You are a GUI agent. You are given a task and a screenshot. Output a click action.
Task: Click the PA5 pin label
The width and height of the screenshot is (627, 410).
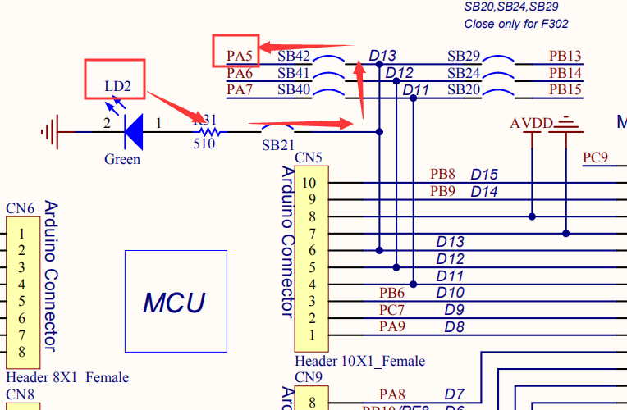(x=240, y=57)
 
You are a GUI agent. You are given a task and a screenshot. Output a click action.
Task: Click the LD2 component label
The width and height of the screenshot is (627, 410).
(x=117, y=86)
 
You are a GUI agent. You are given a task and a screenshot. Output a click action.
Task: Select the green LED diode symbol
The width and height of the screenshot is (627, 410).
(x=133, y=131)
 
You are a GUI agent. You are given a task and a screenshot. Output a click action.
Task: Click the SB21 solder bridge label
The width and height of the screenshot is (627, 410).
(x=277, y=145)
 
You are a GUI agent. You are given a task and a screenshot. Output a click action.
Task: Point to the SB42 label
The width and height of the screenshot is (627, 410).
(x=294, y=57)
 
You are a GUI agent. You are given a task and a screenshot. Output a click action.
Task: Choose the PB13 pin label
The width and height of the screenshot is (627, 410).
(x=565, y=57)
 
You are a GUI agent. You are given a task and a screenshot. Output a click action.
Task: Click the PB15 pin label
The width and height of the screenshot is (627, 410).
(x=565, y=89)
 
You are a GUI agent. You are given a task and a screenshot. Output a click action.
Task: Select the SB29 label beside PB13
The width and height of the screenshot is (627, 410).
(x=464, y=57)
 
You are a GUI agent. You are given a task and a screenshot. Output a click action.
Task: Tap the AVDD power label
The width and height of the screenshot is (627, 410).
(x=531, y=123)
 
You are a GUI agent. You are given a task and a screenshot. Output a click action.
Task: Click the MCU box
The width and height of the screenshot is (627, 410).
(x=175, y=302)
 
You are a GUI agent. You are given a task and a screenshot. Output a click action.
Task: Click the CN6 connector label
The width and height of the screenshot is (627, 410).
(x=20, y=208)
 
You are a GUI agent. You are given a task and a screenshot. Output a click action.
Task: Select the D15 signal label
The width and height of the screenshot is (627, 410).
(x=484, y=174)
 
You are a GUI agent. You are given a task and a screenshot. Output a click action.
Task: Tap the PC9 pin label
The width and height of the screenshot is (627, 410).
(x=595, y=157)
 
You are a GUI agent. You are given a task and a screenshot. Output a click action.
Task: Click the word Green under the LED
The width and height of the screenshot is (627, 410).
(x=122, y=159)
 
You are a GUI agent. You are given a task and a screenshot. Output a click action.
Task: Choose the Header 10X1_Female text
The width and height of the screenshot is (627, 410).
(x=359, y=361)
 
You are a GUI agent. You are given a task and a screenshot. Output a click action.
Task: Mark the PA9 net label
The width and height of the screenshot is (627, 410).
(x=391, y=326)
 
